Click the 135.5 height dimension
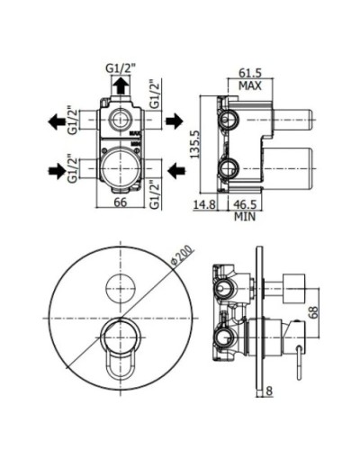pos(195,144)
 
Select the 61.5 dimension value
pos(250,73)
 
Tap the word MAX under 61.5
pos(250,86)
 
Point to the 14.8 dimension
pos(204,204)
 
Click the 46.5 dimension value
pos(245,204)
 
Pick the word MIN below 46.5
pos(245,216)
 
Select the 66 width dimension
pos(121,202)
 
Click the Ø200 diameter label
pos(182,256)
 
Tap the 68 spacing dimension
pos(313,312)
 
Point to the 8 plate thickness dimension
pos(269,391)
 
